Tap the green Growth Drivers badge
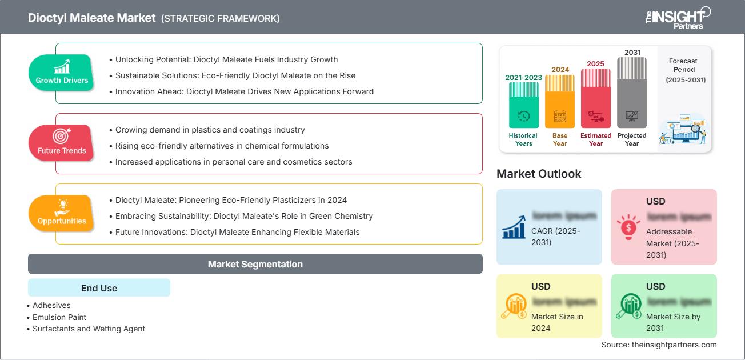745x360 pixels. [62, 73]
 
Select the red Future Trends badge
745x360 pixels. [62, 143]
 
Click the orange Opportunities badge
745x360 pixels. [62, 213]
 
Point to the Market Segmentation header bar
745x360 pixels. [255, 264]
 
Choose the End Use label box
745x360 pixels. [99, 288]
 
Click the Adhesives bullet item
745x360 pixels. [51, 306]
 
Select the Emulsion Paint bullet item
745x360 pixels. [59, 317]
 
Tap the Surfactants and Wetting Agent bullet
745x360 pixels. [89, 329]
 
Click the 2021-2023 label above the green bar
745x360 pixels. [523, 77]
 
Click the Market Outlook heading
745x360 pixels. [539, 174]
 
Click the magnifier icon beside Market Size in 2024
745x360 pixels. [514, 307]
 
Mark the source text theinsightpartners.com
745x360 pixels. [659, 345]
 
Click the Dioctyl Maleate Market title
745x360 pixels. [91, 18]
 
